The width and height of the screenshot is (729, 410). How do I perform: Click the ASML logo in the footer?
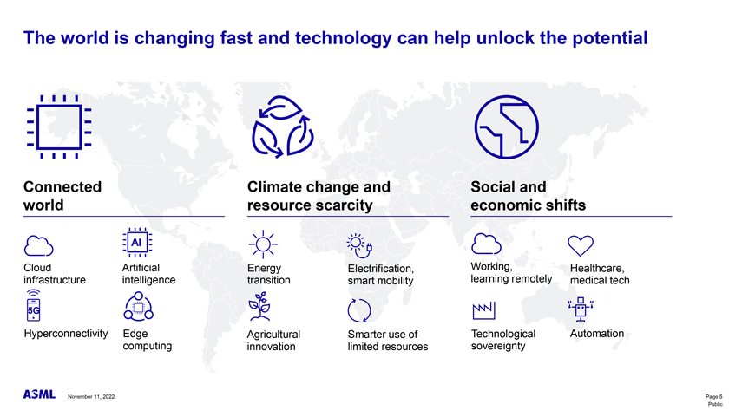click(x=39, y=394)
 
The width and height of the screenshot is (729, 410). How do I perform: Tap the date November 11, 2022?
click(x=91, y=396)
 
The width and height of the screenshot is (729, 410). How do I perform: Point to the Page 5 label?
click(x=713, y=396)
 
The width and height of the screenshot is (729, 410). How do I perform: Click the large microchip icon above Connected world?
click(x=59, y=127)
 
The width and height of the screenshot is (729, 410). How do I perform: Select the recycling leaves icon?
click(x=282, y=127)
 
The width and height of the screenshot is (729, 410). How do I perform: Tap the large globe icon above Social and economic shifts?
click(x=506, y=127)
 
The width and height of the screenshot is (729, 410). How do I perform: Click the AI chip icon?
click(x=137, y=243)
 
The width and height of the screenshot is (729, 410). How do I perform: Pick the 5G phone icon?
click(x=34, y=305)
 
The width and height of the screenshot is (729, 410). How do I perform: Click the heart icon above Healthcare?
click(x=581, y=245)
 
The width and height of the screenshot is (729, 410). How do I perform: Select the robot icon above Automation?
click(x=581, y=309)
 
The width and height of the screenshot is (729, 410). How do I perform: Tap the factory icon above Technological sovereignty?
click(x=483, y=310)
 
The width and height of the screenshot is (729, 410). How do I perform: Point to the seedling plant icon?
click(x=259, y=307)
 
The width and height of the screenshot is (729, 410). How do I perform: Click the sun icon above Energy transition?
click(x=263, y=244)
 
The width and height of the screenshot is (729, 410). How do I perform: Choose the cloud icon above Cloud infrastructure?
click(x=38, y=246)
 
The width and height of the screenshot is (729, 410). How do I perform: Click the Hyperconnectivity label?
click(x=66, y=334)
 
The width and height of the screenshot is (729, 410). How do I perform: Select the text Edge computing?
click(x=148, y=340)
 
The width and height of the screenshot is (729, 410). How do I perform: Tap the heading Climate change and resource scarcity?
click(x=319, y=196)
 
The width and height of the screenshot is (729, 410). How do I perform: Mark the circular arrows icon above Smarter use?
click(x=359, y=310)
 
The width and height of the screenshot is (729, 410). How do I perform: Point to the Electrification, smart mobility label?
click(x=381, y=275)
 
